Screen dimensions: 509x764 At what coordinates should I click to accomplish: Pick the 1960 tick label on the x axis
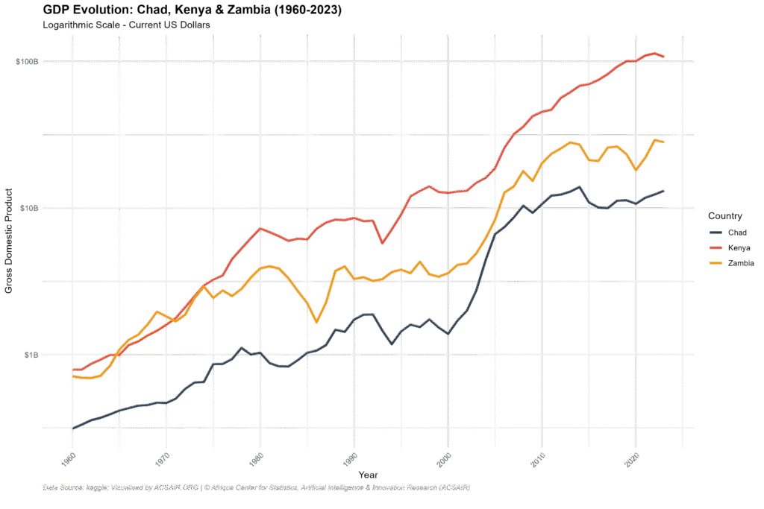tap(67, 456)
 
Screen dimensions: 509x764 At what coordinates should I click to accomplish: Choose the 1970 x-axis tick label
tap(161, 456)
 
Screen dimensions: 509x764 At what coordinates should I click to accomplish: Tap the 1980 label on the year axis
tap(255, 456)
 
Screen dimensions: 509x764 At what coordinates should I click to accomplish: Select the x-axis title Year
tap(368, 475)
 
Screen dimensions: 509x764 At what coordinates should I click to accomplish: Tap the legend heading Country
tap(724, 216)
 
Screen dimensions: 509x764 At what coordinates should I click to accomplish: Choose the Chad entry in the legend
tap(737, 233)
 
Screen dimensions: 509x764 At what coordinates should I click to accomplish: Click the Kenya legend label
tap(739, 247)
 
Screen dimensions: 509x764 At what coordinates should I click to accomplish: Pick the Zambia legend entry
tap(740, 263)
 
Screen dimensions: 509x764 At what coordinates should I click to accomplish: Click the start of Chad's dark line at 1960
tap(73, 428)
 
